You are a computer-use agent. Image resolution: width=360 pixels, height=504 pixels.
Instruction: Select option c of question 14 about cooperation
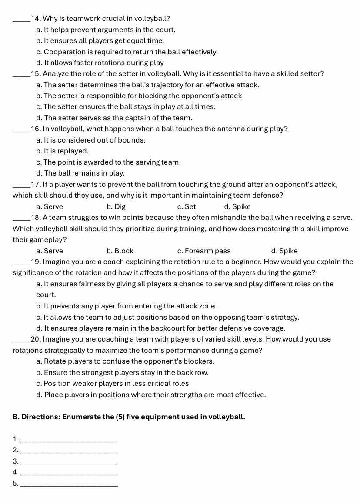click(127, 52)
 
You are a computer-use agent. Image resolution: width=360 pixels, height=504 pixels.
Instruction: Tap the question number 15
click(36, 74)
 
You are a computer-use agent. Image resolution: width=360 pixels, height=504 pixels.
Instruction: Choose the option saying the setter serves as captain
click(114, 118)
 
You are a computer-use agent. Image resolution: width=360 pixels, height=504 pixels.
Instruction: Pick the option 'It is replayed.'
click(63, 151)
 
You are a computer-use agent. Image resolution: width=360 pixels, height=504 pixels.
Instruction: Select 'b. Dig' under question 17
click(116, 207)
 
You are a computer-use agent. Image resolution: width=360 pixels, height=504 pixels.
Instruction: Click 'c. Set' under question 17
click(187, 207)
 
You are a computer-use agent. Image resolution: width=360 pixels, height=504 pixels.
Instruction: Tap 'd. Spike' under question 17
click(237, 207)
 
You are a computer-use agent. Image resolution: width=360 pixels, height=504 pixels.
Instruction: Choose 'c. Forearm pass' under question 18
click(204, 251)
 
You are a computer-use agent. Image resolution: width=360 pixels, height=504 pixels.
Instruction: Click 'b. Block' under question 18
click(120, 251)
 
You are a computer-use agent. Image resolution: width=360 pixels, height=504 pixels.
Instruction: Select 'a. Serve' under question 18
click(50, 251)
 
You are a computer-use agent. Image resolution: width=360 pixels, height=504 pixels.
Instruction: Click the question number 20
click(36, 339)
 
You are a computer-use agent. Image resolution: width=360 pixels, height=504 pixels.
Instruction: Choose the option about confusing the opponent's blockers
click(125, 361)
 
